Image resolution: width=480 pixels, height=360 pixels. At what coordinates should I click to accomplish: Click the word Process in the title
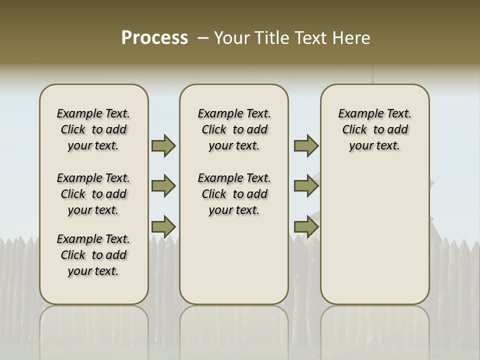(x=154, y=38)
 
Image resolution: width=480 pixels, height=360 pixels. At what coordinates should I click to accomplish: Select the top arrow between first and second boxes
(x=163, y=146)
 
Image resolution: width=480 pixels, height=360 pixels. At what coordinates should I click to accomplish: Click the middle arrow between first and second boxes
(x=163, y=186)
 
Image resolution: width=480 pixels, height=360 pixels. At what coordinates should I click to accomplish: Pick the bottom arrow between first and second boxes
(x=163, y=226)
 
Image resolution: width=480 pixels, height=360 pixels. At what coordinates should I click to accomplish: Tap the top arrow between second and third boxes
(x=306, y=146)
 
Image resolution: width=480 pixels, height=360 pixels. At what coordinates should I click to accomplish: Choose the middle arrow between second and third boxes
(x=306, y=186)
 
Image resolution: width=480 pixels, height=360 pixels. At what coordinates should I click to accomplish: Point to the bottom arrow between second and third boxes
(x=306, y=226)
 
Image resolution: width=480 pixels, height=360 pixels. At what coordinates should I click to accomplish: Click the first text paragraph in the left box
(x=93, y=129)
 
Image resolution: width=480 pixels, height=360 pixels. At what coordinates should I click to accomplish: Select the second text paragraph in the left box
(x=93, y=194)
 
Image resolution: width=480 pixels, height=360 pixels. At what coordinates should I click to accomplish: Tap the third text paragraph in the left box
(x=93, y=255)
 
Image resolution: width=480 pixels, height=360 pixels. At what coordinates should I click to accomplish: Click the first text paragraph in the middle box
(x=234, y=129)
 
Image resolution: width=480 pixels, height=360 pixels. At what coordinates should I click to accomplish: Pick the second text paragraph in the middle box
(x=234, y=194)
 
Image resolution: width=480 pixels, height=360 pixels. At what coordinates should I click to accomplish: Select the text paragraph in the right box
(x=375, y=129)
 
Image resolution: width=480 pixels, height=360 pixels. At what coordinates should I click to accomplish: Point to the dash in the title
(x=203, y=38)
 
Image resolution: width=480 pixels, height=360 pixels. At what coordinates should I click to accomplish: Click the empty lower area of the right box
(x=375, y=240)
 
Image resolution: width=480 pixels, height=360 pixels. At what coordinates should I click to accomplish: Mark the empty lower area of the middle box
(x=234, y=260)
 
